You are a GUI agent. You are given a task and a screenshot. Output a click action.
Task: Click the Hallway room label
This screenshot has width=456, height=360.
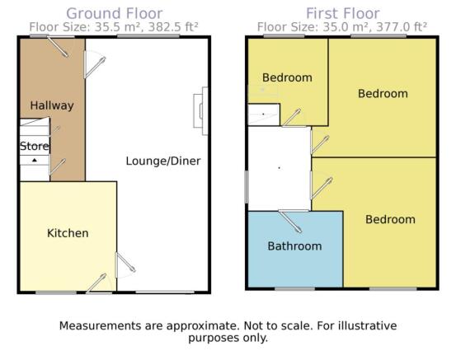point(52,105)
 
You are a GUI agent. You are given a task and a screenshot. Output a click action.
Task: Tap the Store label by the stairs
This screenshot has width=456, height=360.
point(35,146)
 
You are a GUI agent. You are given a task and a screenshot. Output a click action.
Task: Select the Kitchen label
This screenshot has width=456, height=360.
point(68,233)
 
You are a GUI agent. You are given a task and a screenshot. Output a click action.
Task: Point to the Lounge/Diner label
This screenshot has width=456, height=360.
point(163,161)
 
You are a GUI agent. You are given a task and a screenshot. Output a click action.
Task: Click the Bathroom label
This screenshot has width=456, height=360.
point(294,246)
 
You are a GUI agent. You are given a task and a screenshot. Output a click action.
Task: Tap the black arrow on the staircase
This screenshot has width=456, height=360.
point(35,160)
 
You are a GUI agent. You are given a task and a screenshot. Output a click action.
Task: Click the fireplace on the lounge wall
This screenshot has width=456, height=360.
point(201,111)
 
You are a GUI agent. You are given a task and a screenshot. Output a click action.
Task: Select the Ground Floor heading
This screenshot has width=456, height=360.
point(115,13)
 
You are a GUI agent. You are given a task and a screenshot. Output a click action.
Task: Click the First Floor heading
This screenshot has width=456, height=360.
point(343,13)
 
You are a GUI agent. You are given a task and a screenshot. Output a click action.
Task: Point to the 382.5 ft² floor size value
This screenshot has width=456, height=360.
point(173,27)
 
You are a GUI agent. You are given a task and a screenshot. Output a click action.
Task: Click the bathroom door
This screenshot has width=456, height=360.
point(290,221)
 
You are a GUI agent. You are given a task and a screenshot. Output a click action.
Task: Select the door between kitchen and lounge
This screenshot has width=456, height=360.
point(125,265)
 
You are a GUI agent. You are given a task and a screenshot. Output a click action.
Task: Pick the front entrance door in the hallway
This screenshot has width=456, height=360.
point(59,46)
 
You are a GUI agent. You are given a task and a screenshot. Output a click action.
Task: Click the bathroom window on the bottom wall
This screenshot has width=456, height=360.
point(294,289)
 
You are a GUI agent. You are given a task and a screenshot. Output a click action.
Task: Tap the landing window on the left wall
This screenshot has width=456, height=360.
point(247,186)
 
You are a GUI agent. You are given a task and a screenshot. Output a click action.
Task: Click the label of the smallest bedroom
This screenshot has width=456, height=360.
point(287,77)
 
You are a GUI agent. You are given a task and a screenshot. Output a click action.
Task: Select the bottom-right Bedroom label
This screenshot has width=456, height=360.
point(390,219)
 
